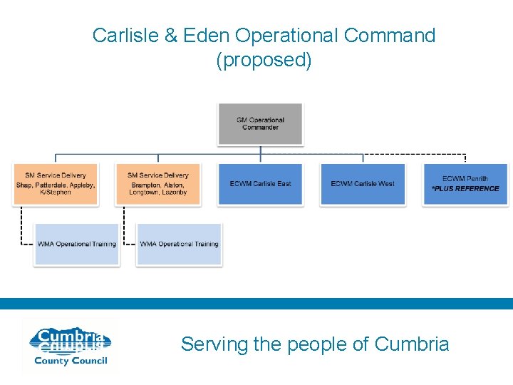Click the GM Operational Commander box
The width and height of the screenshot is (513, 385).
(260, 124)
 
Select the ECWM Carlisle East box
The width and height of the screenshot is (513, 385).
(260, 184)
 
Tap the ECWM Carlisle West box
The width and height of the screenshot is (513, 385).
(363, 184)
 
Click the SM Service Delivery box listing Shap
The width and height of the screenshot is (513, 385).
(55, 184)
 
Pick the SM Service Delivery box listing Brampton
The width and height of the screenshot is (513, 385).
(157, 184)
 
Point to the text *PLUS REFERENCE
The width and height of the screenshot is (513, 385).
(465, 189)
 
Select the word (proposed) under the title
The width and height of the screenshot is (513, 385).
(264, 60)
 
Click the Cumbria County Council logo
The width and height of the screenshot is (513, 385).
(69, 346)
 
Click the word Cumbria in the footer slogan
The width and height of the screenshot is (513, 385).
(411, 344)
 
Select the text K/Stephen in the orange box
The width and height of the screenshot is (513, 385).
(55, 192)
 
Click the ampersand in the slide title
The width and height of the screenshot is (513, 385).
(171, 36)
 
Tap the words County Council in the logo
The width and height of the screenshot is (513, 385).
(71, 361)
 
